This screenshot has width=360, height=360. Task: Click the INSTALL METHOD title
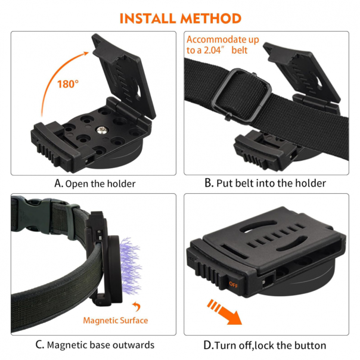point(180,17)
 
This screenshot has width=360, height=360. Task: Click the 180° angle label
point(69,84)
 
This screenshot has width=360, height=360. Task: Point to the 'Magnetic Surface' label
point(116,321)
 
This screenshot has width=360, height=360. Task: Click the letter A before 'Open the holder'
point(58,183)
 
